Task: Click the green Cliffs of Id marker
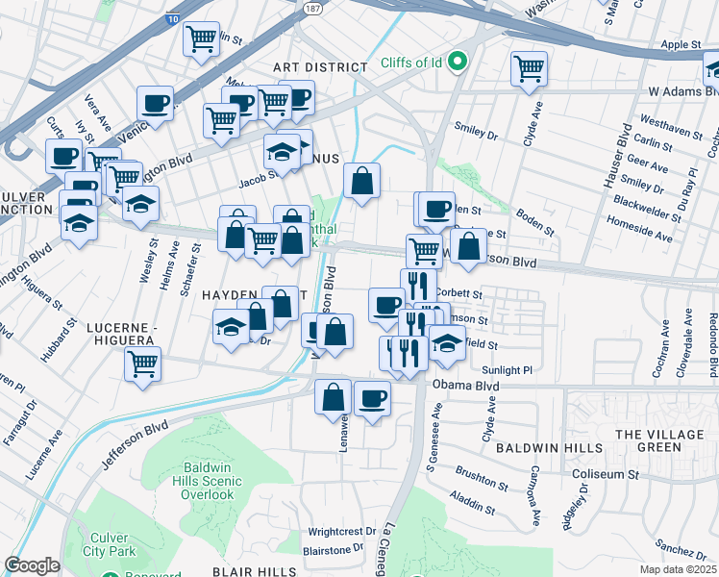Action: (459, 63)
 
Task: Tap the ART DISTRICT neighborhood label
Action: (320, 67)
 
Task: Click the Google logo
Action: (32, 565)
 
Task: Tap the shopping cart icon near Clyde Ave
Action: (529, 69)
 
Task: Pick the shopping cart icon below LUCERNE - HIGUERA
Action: (142, 365)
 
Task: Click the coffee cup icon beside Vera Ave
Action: (154, 104)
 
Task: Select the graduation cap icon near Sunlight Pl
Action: (446, 343)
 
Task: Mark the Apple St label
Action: (681, 44)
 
